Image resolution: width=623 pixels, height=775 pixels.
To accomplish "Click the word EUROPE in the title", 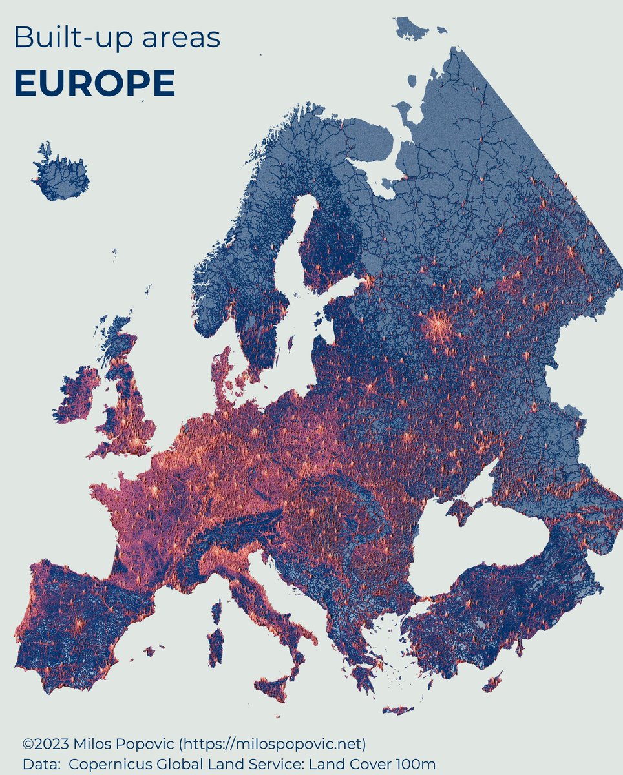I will point(94,83).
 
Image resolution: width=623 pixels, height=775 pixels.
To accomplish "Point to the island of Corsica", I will point(216,612).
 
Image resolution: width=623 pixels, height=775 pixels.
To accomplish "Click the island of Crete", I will point(397,710).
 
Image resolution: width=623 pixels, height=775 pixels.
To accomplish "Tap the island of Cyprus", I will point(492,681).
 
